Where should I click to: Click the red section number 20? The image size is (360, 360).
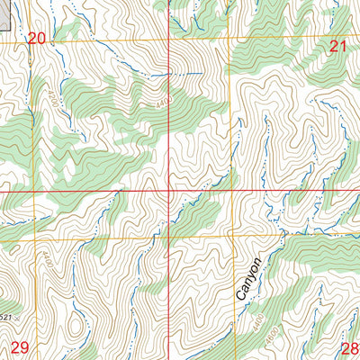[36, 38]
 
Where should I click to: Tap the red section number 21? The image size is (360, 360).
[338, 46]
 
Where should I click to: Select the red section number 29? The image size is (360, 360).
[19, 346]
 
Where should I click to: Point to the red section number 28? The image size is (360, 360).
[350, 346]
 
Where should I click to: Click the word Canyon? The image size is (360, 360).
[251, 280]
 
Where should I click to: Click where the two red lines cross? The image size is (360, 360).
[172, 192]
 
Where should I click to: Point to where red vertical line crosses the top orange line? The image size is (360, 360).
[172, 40]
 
